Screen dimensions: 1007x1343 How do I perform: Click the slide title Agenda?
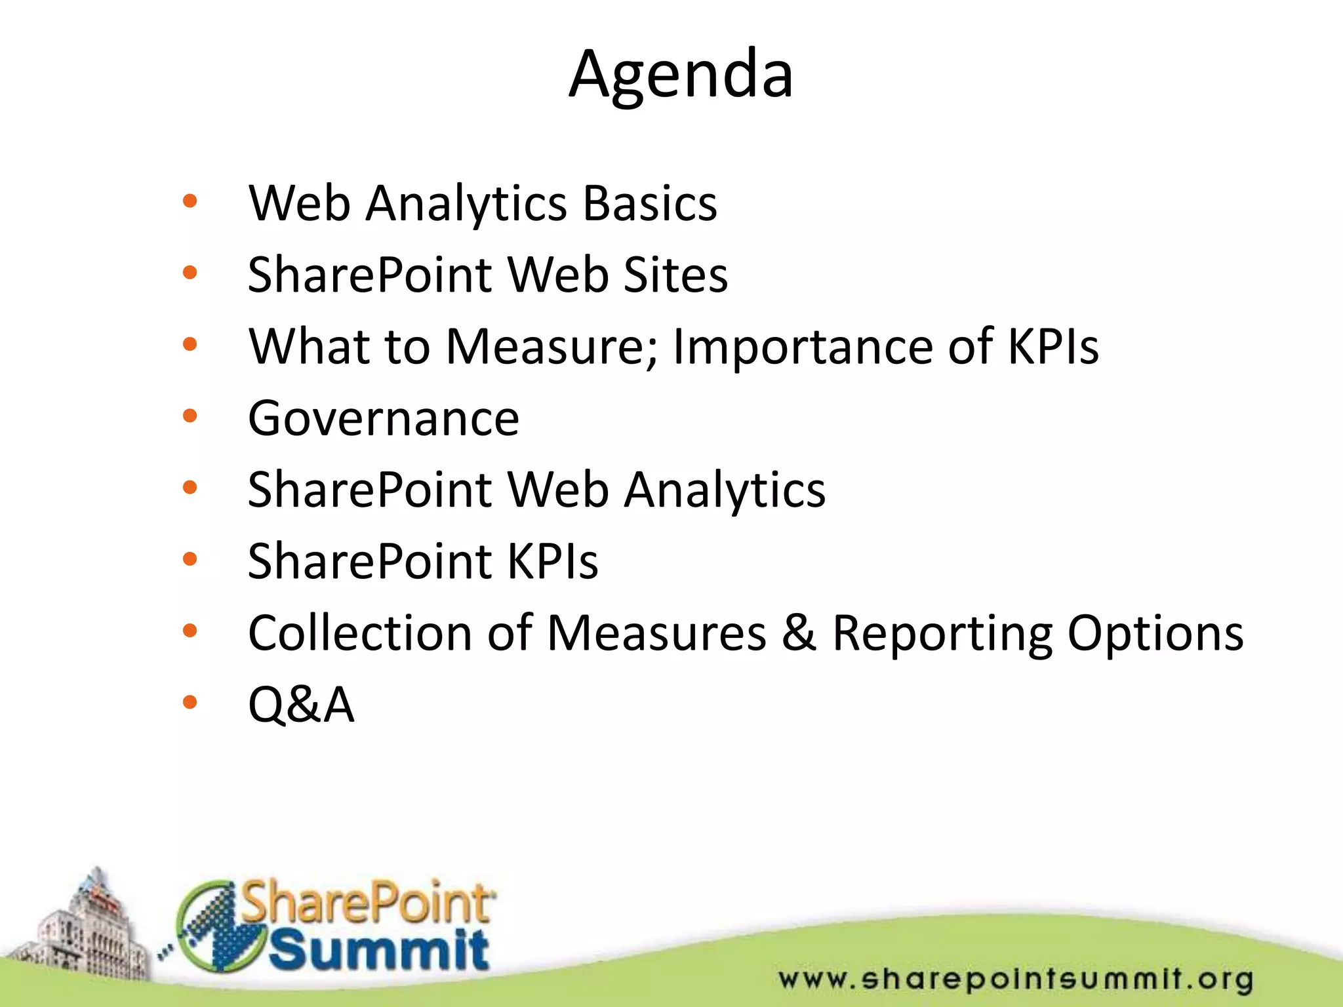click(x=681, y=75)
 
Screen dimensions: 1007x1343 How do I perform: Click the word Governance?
click(x=384, y=418)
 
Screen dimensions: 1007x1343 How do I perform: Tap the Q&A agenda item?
click(x=301, y=705)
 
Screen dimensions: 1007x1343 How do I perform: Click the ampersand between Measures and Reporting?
click(x=799, y=633)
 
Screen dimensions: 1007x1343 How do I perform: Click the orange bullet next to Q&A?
click(x=190, y=702)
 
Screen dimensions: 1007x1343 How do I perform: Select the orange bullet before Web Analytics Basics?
click(x=190, y=201)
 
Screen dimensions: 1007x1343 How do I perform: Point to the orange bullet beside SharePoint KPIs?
click(x=190, y=559)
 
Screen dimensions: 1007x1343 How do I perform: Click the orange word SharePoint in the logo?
click(x=367, y=903)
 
